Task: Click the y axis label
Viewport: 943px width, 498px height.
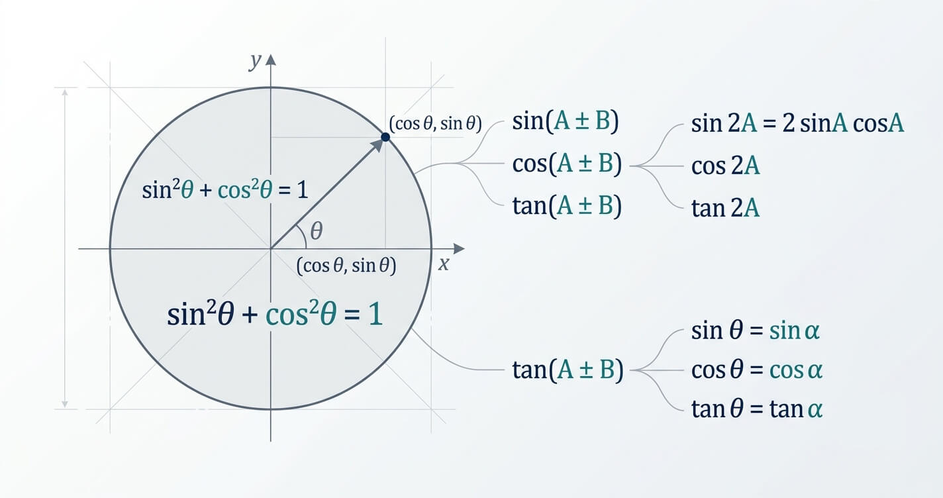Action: pyautogui.click(x=255, y=62)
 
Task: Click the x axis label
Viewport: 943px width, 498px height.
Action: pyautogui.click(x=444, y=264)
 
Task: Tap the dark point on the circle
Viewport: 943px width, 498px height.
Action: pyautogui.click(x=385, y=137)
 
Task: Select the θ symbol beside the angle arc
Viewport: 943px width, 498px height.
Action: pyautogui.click(x=317, y=230)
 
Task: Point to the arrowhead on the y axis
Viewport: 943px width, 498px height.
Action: pyautogui.click(x=271, y=60)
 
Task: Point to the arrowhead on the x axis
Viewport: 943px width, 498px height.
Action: pyautogui.click(x=459, y=249)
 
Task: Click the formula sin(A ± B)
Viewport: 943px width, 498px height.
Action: pyautogui.click(x=566, y=121)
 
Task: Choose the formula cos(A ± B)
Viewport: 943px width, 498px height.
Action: pyautogui.click(x=567, y=164)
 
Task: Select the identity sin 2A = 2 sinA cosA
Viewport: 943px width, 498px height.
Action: pyautogui.click(x=797, y=123)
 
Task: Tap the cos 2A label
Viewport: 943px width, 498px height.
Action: pyautogui.click(x=725, y=166)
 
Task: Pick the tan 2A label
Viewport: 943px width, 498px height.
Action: pyautogui.click(x=725, y=208)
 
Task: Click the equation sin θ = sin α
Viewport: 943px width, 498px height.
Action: pyautogui.click(x=755, y=330)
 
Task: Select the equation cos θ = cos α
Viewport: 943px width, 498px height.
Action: pyautogui.click(x=756, y=370)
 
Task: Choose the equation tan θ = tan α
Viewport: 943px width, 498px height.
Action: pyautogui.click(x=756, y=409)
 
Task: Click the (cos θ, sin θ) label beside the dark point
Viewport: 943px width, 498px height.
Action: pyautogui.click(x=435, y=123)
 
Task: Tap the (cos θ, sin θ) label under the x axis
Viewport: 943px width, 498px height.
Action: pyautogui.click(x=346, y=266)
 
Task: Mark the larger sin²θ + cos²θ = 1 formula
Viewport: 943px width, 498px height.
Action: pyautogui.click(x=275, y=314)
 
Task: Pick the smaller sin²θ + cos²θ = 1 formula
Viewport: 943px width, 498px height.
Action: pyautogui.click(x=224, y=189)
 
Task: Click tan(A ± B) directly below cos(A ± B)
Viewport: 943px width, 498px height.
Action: pyautogui.click(x=567, y=206)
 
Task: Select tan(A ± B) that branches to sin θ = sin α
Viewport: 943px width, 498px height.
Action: pyautogui.click(x=568, y=370)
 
